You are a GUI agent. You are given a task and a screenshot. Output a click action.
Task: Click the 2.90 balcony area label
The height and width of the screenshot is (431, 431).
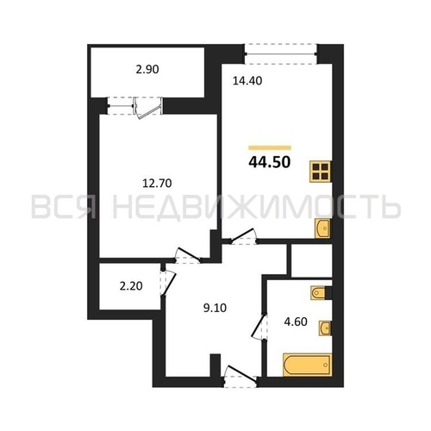pyautogui.click(x=147, y=70)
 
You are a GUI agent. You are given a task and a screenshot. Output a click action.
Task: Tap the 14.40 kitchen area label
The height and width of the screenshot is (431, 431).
pyautogui.click(x=247, y=81)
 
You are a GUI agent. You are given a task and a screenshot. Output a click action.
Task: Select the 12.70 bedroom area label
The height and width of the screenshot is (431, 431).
pyautogui.click(x=157, y=183)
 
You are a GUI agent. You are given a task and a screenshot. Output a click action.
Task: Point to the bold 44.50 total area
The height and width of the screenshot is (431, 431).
pyautogui.click(x=270, y=162)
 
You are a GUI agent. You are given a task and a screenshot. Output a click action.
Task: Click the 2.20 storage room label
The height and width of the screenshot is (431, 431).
pyautogui.click(x=131, y=286)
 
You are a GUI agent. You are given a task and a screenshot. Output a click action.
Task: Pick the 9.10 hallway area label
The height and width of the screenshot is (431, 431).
pyautogui.click(x=215, y=308)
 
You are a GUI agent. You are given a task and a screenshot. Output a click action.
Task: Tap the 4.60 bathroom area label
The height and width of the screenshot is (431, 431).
pyautogui.click(x=296, y=322)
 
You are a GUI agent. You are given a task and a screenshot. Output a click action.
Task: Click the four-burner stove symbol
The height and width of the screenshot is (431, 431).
pyautogui.click(x=321, y=172)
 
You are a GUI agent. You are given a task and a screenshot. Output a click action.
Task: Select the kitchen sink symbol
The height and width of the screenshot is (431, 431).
pyautogui.click(x=322, y=228)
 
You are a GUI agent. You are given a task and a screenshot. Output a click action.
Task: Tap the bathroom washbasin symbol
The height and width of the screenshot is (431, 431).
pyautogui.click(x=325, y=328)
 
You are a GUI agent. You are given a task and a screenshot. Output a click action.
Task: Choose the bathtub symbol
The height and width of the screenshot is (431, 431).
pyautogui.click(x=307, y=365)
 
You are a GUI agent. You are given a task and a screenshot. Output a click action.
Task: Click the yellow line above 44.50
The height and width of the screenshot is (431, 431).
pyautogui.click(x=270, y=148)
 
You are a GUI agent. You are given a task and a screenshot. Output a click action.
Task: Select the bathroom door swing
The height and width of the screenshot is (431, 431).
pyautogui.click(x=259, y=327)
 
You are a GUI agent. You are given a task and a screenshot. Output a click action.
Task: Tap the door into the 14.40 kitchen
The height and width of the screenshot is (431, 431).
pyautogui.click(x=243, y=236)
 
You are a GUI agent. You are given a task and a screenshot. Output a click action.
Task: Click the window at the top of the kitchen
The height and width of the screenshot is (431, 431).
pyautogui.click(x=281, y=53)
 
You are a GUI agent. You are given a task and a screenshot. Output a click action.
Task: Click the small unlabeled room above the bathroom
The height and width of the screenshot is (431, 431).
pyautogui.click(x=312, y=260)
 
